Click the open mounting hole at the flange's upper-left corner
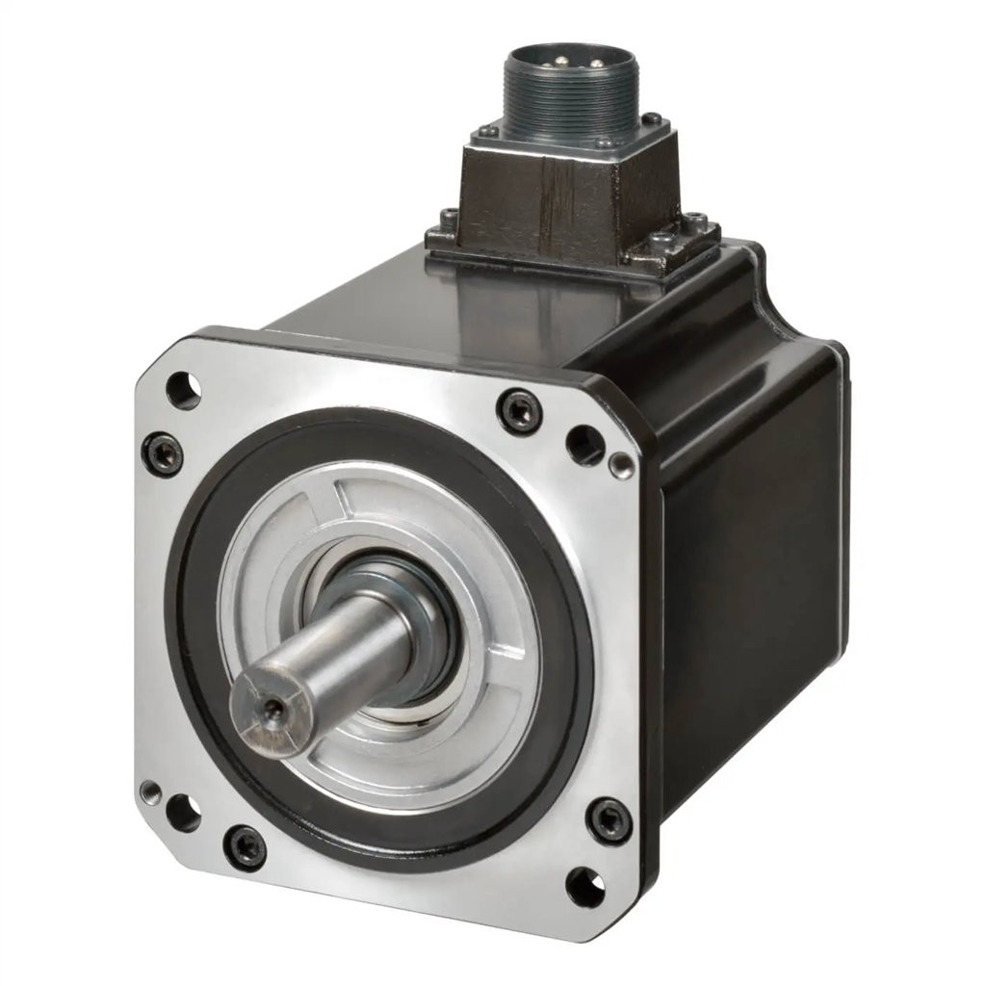[182, 390]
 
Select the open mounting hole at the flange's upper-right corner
[584, 444]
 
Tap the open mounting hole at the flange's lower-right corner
[585, 886]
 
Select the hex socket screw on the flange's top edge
[519, 411]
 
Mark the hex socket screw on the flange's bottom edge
[245, 847]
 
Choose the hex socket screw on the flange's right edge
[609, 819]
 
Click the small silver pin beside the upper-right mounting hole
[623, 466]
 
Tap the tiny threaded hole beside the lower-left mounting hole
[151, 792]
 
